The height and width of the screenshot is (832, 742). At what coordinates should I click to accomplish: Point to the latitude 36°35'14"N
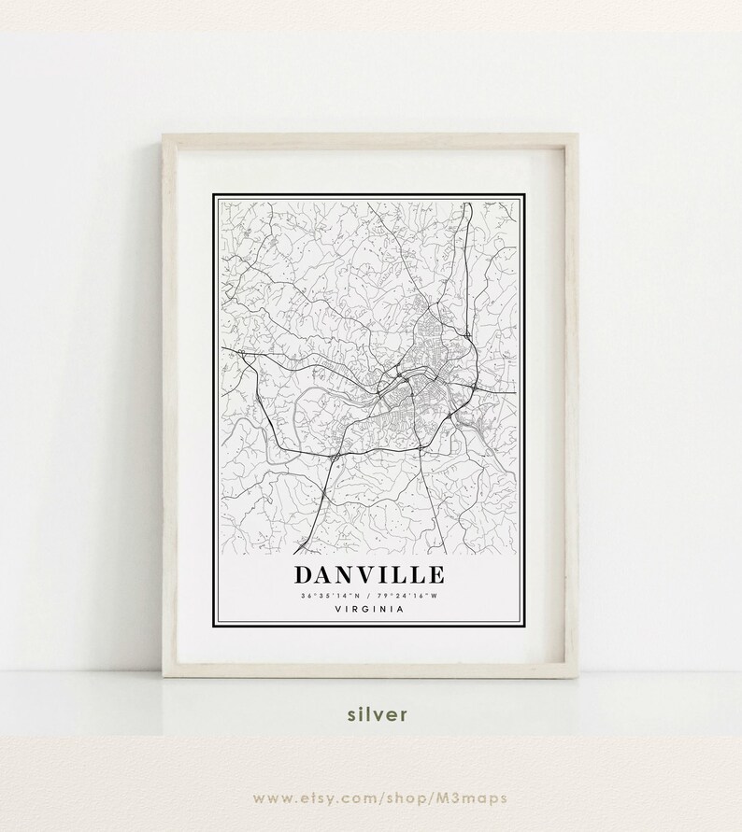[x=330, y=596]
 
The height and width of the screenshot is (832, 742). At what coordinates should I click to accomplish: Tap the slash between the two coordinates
[x=371, y=596]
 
